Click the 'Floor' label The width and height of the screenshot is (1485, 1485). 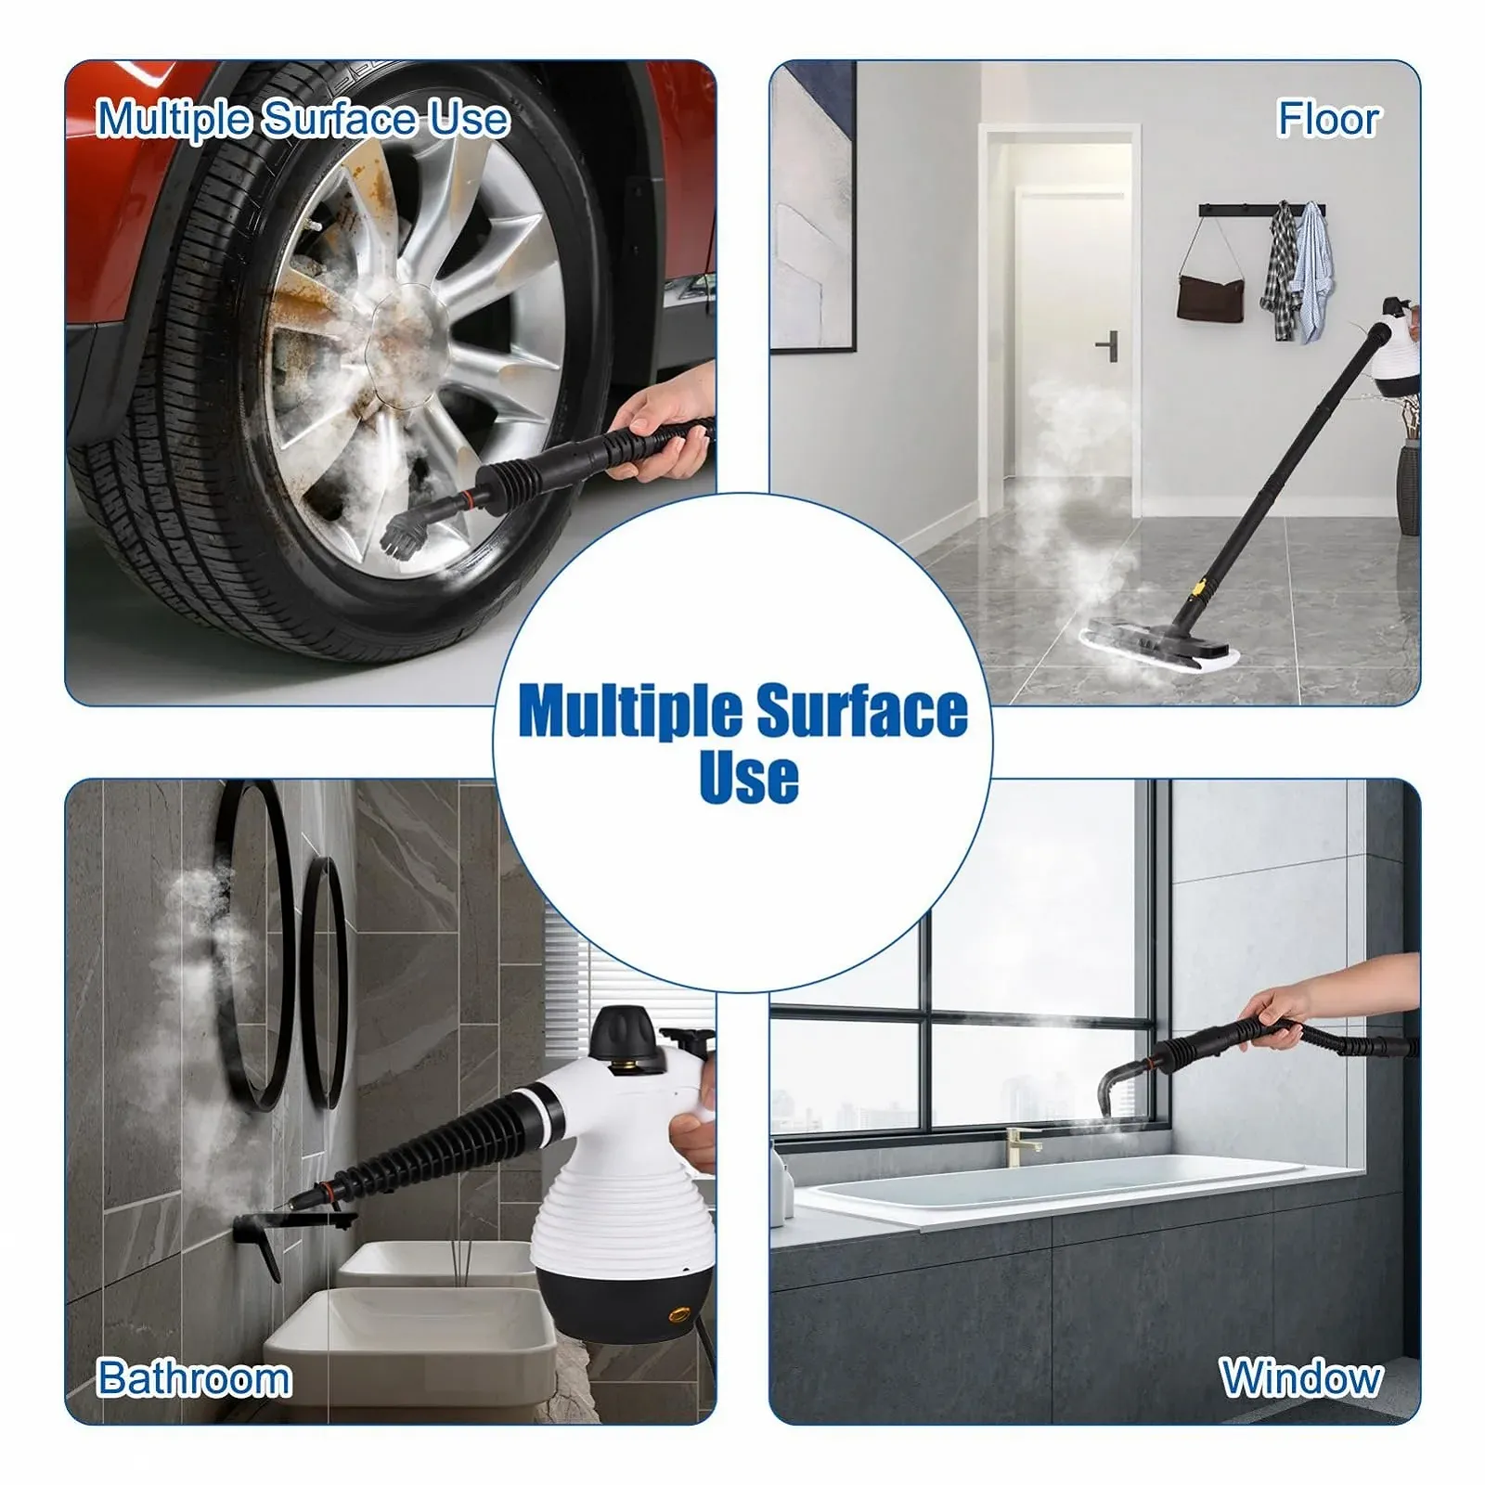click(x=1328, y=119)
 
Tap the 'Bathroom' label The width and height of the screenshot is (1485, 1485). click(x=194, y=1377)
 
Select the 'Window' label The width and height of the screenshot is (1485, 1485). click(x=1301, y=1377)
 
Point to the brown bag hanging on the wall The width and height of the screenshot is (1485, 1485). click(x=1210, y=295)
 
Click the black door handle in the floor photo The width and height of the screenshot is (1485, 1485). click(x=1108, y=347)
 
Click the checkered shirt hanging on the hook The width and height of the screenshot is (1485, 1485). click(x=1282, y=270)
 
